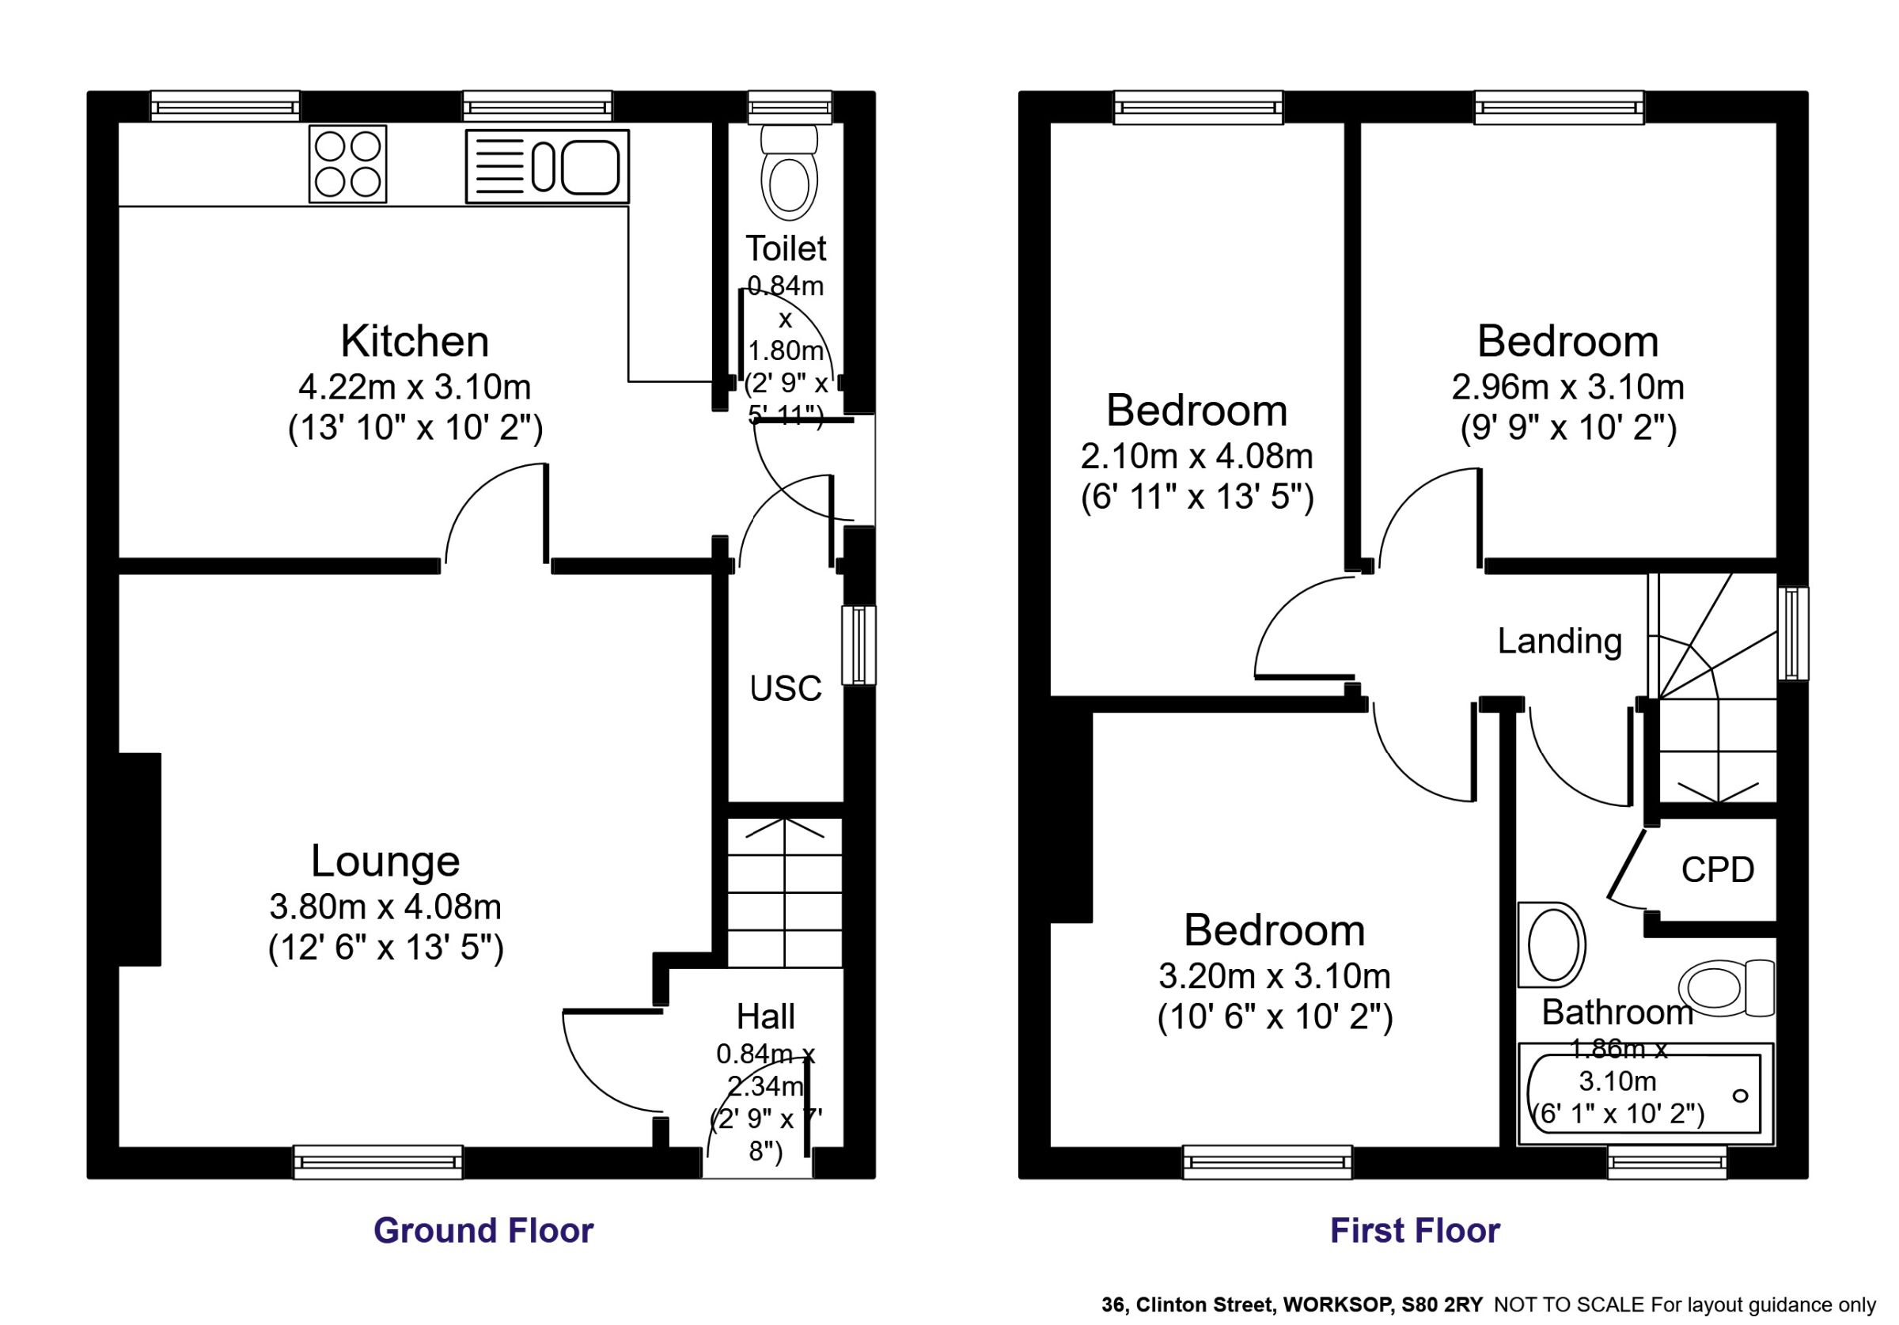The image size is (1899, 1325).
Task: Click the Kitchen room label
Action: click(415, 341)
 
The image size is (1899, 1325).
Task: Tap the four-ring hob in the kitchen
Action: click(347, 164)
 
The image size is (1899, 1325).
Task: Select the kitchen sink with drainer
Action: click(547, 165)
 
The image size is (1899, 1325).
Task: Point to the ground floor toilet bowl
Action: click(788, 172)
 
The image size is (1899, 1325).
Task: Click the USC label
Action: click(785, 688)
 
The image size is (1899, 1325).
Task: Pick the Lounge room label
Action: click(385, 861)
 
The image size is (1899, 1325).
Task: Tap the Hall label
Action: click(765, 1016)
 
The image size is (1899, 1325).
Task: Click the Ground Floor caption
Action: click(483, 1231)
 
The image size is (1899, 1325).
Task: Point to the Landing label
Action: click(1560, 642)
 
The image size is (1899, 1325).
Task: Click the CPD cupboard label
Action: click(1718, 869)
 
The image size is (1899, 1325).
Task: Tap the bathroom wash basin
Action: click(1552, 945)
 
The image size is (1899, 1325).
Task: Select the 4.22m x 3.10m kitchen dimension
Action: click(415, 387)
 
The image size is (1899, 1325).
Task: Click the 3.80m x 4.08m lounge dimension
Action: click(385, 907)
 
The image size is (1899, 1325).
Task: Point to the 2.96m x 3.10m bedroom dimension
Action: click(1568, 387)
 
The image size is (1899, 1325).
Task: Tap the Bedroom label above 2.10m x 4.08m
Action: click(1197, 411)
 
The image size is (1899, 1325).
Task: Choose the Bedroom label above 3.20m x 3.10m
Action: click(1275, 930)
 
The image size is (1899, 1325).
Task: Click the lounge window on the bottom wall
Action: click(378, 1162)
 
